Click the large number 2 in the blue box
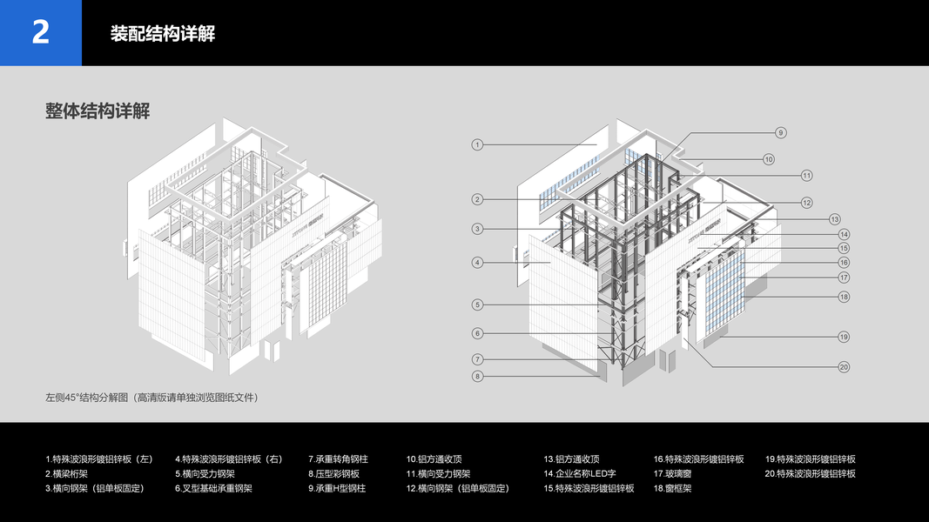coord(41,33)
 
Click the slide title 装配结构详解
coord(163,34)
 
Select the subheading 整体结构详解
coord(98,111)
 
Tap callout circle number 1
coord(477,144)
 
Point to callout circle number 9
coord(780,132)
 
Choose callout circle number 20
coord(844,366)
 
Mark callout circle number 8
coord(477,376)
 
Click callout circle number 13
coord(834,219)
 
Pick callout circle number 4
coord(477,262)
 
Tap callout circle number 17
coord(844,278)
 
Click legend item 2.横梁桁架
coord(66,474)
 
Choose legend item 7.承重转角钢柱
coord(338,459)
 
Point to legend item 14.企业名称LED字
coord(580,474)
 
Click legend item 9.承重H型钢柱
coord(337,489)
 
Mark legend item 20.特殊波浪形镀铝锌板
coord(811,474)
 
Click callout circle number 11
coord(806,175)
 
